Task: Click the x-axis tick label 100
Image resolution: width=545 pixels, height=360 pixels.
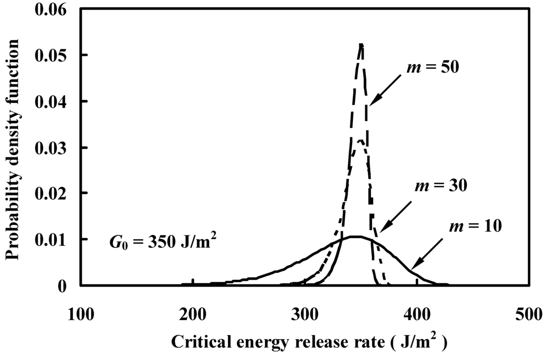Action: [80, 313]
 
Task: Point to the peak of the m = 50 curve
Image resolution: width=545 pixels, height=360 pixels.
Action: [361, 45]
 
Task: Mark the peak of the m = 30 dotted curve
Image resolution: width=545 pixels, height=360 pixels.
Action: [360, 141]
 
